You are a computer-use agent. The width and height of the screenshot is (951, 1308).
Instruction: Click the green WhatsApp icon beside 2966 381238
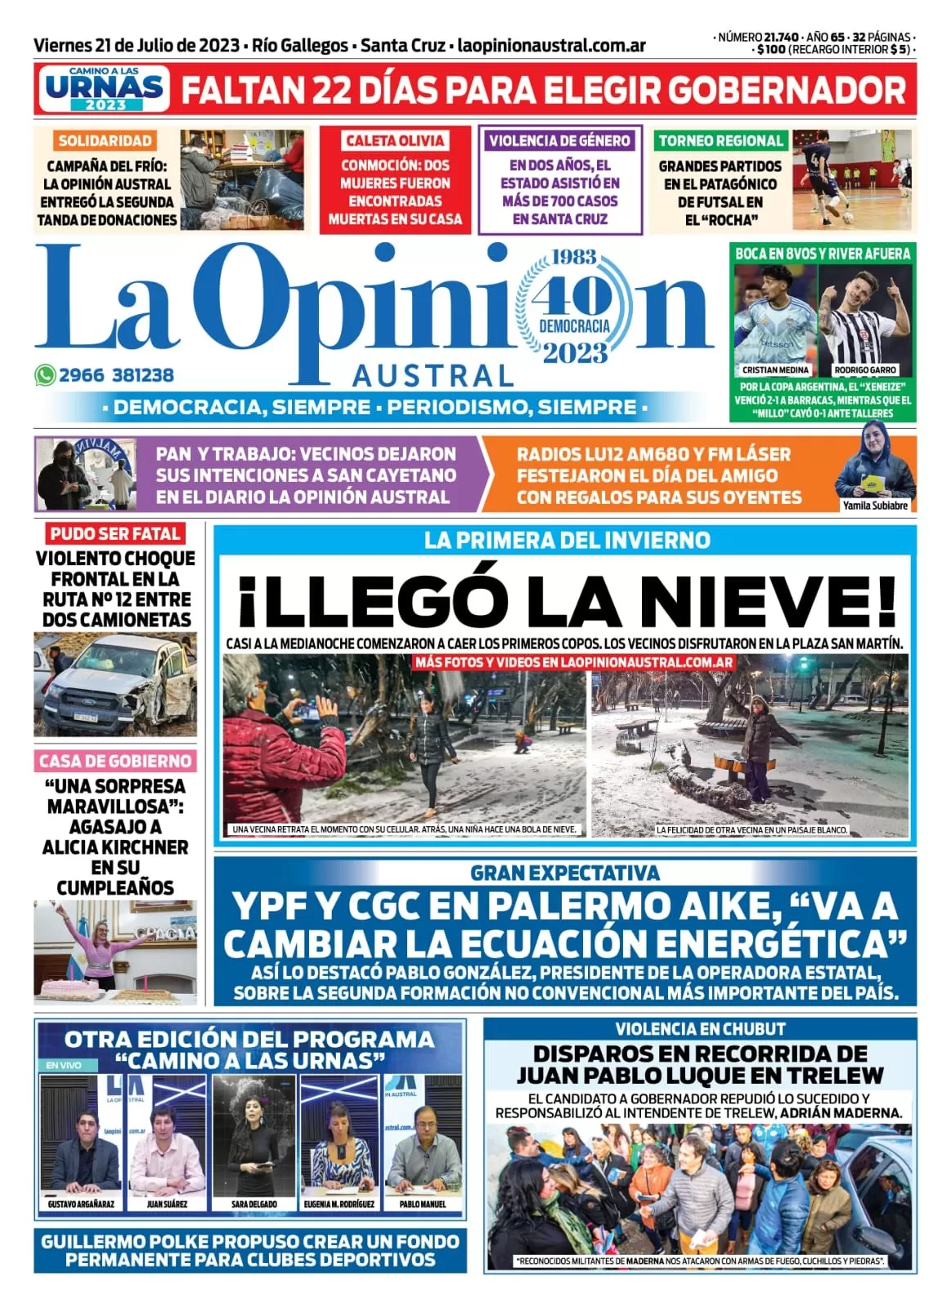[45, 375]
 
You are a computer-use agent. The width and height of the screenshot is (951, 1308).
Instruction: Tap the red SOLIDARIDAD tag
[105, 141]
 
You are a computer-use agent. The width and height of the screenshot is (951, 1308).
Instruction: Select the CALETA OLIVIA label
[395, 141]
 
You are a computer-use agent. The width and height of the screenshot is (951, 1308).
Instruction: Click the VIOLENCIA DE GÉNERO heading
[560, 141]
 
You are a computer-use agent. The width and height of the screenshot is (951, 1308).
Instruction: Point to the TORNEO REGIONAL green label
[720, 141]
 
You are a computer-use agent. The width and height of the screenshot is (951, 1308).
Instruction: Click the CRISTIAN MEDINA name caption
[774, 370]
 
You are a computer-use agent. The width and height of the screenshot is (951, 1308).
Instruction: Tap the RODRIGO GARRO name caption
[865, 370]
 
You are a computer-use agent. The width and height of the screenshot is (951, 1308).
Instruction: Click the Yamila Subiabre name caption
[875, 506]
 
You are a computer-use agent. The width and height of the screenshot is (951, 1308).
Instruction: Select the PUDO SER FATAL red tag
[114, 534]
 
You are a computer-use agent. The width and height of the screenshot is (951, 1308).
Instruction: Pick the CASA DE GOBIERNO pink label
[115, 761]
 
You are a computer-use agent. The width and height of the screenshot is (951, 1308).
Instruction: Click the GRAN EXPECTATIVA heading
[565, 873]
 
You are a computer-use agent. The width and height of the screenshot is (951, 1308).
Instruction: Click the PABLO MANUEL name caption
[423, 1204]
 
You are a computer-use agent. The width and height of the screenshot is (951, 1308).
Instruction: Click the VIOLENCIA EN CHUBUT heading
[700, 1029]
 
